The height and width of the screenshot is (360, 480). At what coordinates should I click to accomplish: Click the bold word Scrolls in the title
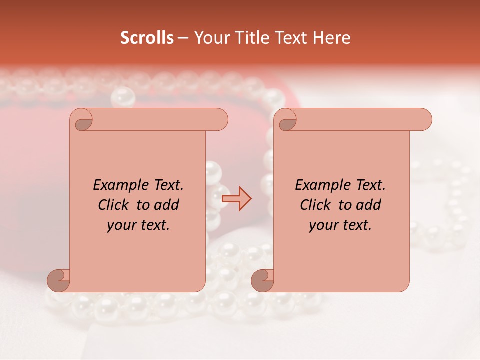147,38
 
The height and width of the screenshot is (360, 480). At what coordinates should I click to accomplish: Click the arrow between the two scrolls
237,198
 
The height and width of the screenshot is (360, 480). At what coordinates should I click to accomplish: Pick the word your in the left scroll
121,225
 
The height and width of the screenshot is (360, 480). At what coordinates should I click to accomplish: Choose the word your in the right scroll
323,225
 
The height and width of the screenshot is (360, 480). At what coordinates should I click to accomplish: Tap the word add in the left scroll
167,205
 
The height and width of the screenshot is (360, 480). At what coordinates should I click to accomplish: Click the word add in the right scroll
369,205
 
